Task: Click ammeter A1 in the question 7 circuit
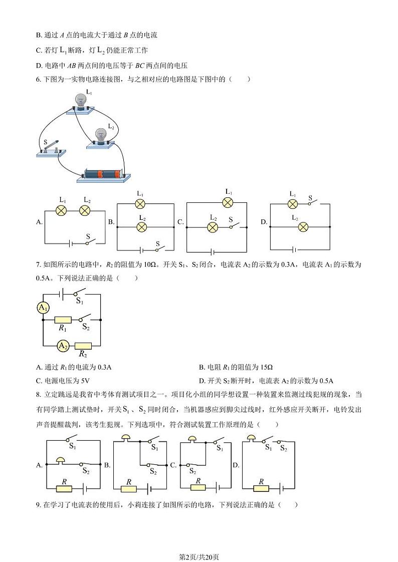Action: point(43,308)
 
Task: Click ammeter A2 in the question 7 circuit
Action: point(63,346)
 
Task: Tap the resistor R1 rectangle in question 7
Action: point(63,319)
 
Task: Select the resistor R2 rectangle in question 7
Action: point(83,346)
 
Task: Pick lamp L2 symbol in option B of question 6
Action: point(142,227)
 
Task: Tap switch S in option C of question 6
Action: point(231,226)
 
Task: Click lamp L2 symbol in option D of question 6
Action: point(303,227)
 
